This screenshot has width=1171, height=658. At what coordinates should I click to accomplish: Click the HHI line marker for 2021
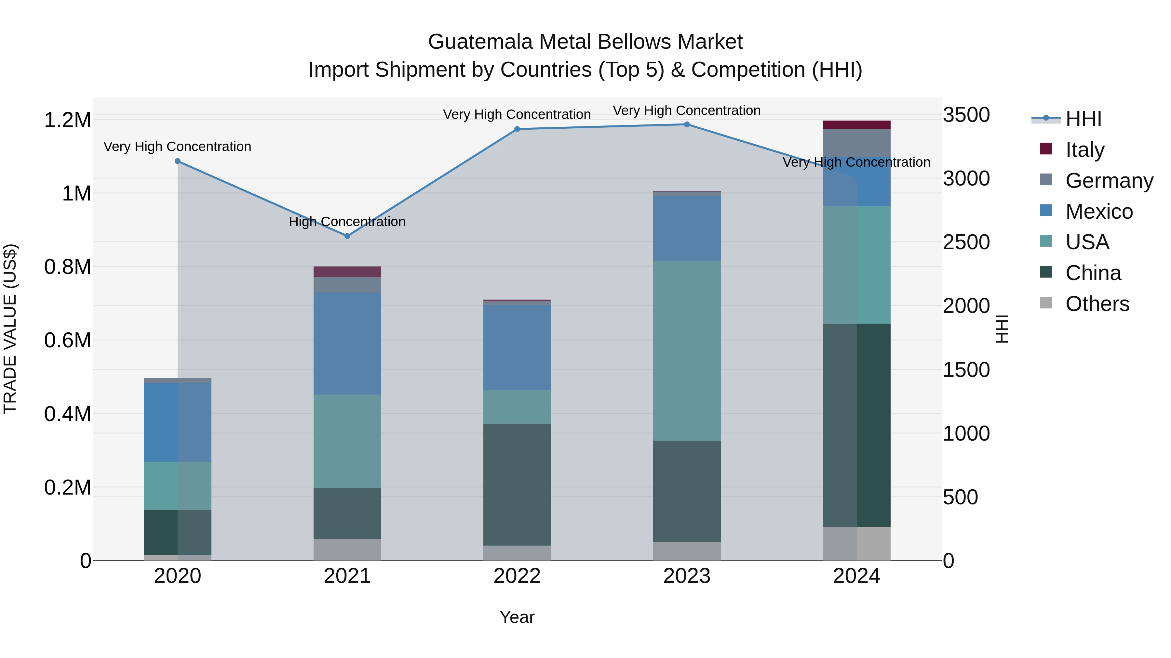[x=347, y=236]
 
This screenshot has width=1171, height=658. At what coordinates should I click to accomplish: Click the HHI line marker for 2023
[x=687, y=124]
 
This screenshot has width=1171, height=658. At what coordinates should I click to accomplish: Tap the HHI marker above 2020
[x=178, y=161]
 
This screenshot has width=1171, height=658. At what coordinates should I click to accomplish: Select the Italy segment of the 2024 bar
[x=856, y=125]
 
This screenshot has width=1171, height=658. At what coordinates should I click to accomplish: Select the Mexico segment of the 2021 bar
[x=347, y=343]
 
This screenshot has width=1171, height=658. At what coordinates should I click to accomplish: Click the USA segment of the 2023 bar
[x=687, y=351]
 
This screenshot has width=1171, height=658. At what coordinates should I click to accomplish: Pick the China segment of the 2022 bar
[x=517, y=484]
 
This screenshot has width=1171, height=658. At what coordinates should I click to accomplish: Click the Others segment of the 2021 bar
[x=347, y=549]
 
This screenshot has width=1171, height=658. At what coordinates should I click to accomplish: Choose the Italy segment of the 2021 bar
[x=347, y=272]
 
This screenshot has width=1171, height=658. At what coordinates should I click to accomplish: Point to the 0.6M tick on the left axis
[x=68, y=341]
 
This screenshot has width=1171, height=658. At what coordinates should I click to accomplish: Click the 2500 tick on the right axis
[x=966, y=242]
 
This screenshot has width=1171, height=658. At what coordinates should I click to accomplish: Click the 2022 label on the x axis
[x=517, y=576]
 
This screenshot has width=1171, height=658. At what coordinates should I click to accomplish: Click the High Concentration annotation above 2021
[x=347, y=222]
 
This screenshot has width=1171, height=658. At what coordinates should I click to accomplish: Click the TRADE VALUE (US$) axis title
[x=10, y=329]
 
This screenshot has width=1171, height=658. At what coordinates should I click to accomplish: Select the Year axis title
[x=517, y=617]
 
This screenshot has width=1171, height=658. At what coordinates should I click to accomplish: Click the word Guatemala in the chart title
[x=480, y=42]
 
